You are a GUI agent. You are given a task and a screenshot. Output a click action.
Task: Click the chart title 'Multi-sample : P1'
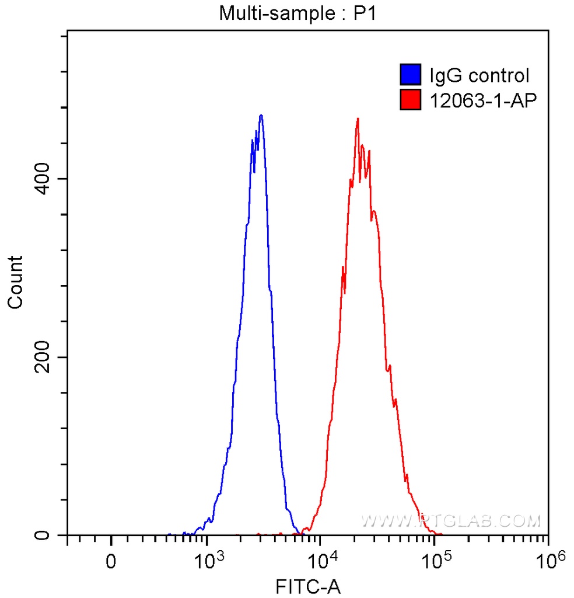[298, 13]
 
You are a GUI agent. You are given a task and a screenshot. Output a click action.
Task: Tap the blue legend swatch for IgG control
[411, 75]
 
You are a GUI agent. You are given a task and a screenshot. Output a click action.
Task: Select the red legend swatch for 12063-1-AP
[411, 100]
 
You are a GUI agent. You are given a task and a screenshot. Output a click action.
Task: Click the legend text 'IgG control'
[479, 75]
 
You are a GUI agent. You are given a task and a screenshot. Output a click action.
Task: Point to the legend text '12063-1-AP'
[482, 100]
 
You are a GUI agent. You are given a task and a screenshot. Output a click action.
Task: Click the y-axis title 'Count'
[15, 281]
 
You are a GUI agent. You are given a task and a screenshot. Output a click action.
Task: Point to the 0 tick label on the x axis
[111, 562]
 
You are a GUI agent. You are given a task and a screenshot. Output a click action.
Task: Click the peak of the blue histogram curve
[261, 115]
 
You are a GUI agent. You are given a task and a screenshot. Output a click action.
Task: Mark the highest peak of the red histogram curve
[357, 119]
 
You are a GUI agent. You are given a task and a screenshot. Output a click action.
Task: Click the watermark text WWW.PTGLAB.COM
[450, 520]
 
